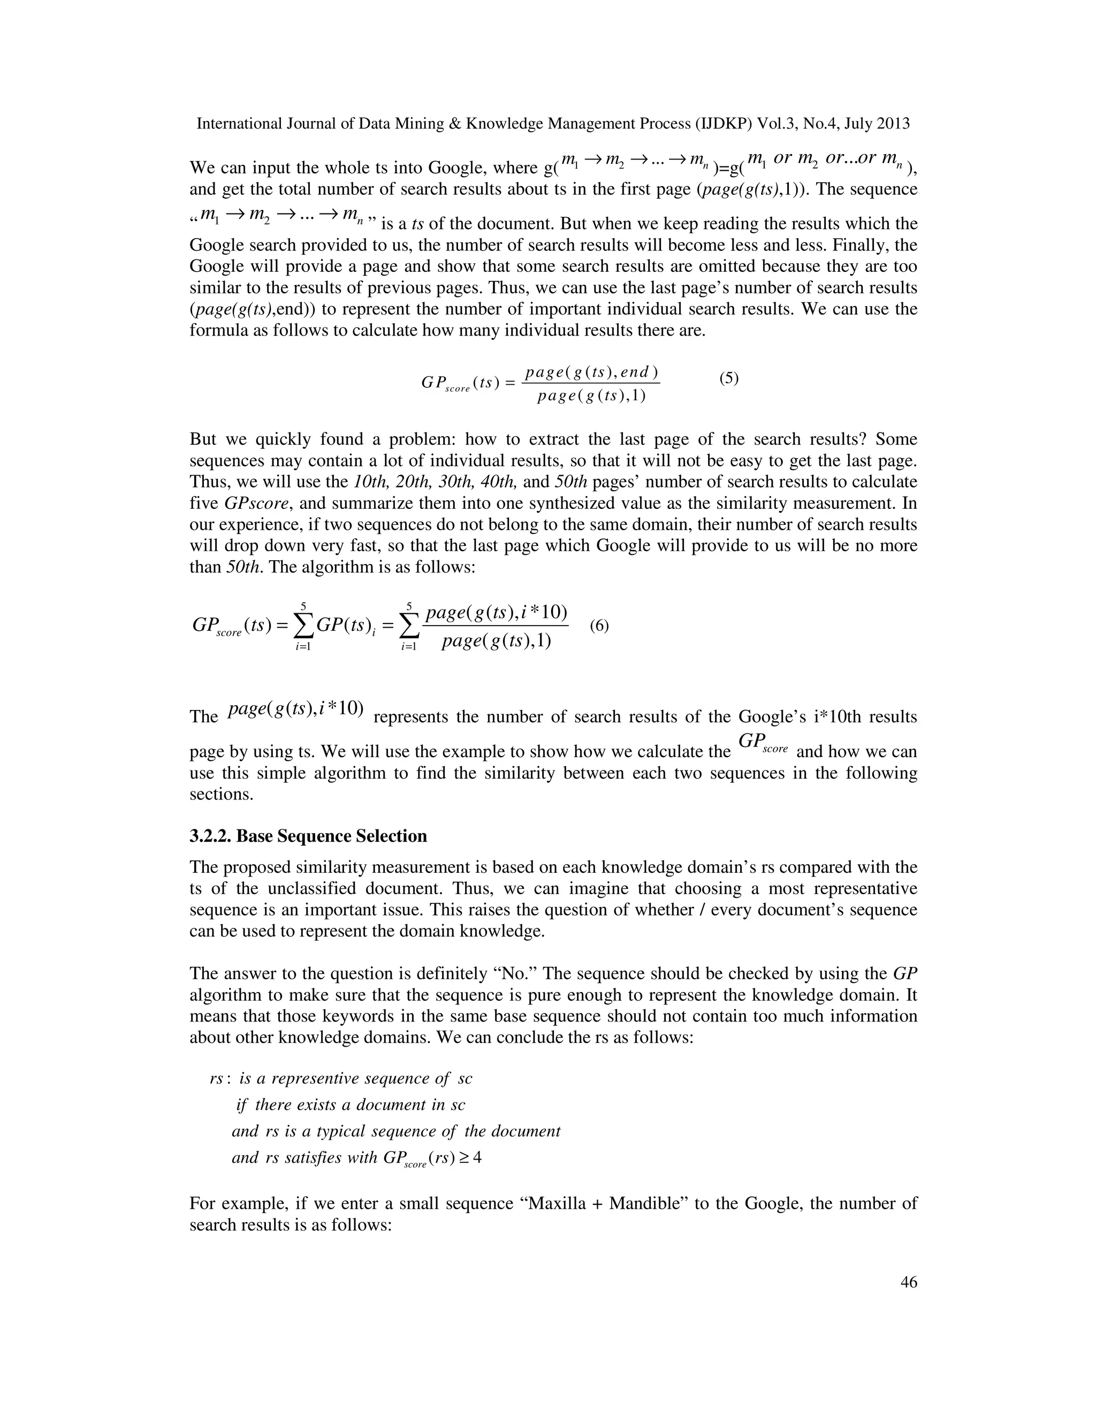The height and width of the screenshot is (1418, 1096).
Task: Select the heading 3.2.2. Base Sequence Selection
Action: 308,836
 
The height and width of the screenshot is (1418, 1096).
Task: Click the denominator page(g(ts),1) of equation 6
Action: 496,642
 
